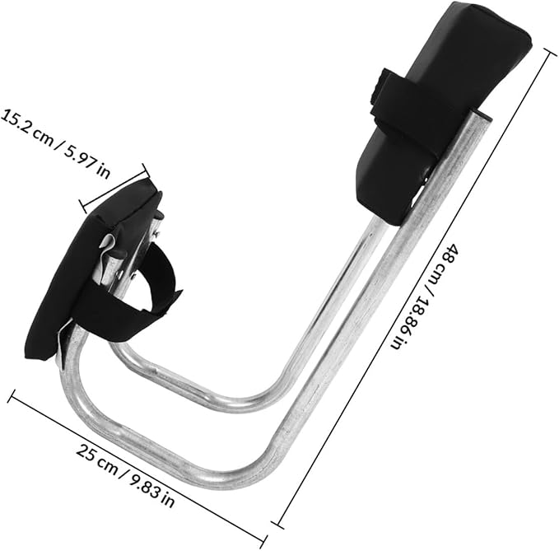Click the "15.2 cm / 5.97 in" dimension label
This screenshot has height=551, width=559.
54,142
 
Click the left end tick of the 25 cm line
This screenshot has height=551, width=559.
11,396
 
